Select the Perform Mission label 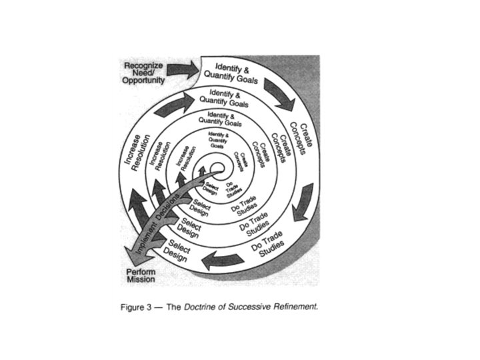point(141,275)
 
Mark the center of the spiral point(217,168)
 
